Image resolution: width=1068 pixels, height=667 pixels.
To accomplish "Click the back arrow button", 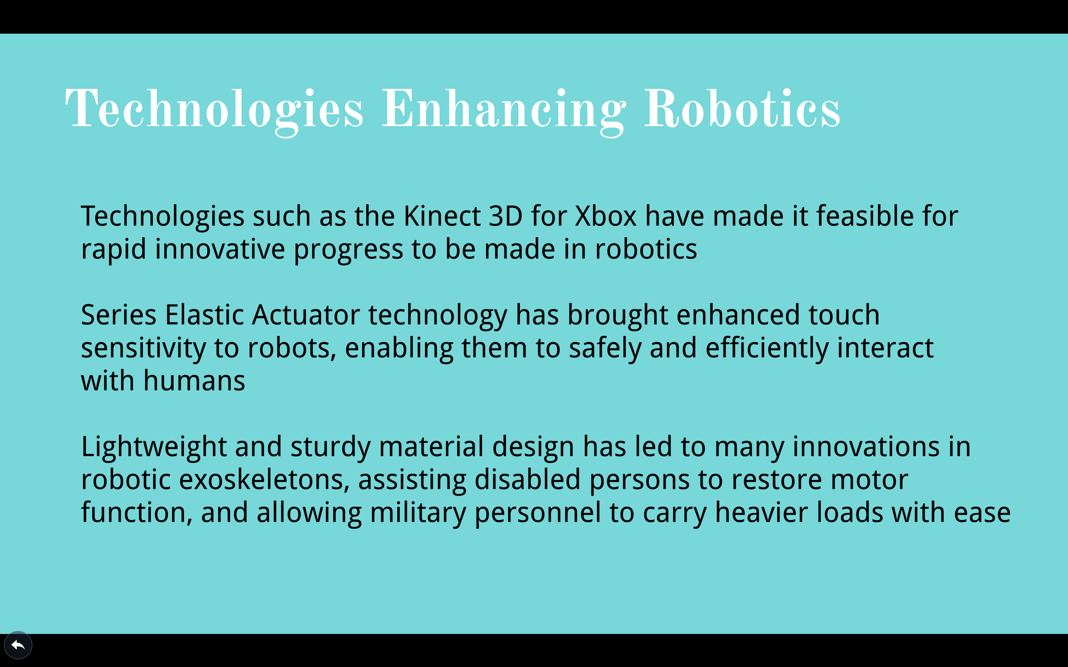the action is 18,645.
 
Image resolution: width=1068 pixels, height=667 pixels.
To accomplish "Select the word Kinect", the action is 442,216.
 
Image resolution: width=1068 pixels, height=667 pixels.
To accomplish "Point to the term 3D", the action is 506,216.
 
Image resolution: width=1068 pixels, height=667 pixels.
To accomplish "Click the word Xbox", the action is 606,216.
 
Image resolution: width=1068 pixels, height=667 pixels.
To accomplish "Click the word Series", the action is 119,315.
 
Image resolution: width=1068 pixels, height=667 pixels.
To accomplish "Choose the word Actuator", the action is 306,315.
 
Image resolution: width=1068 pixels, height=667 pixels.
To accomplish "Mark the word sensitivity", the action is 143,348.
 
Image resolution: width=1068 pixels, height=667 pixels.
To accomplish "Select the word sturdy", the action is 331,447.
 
